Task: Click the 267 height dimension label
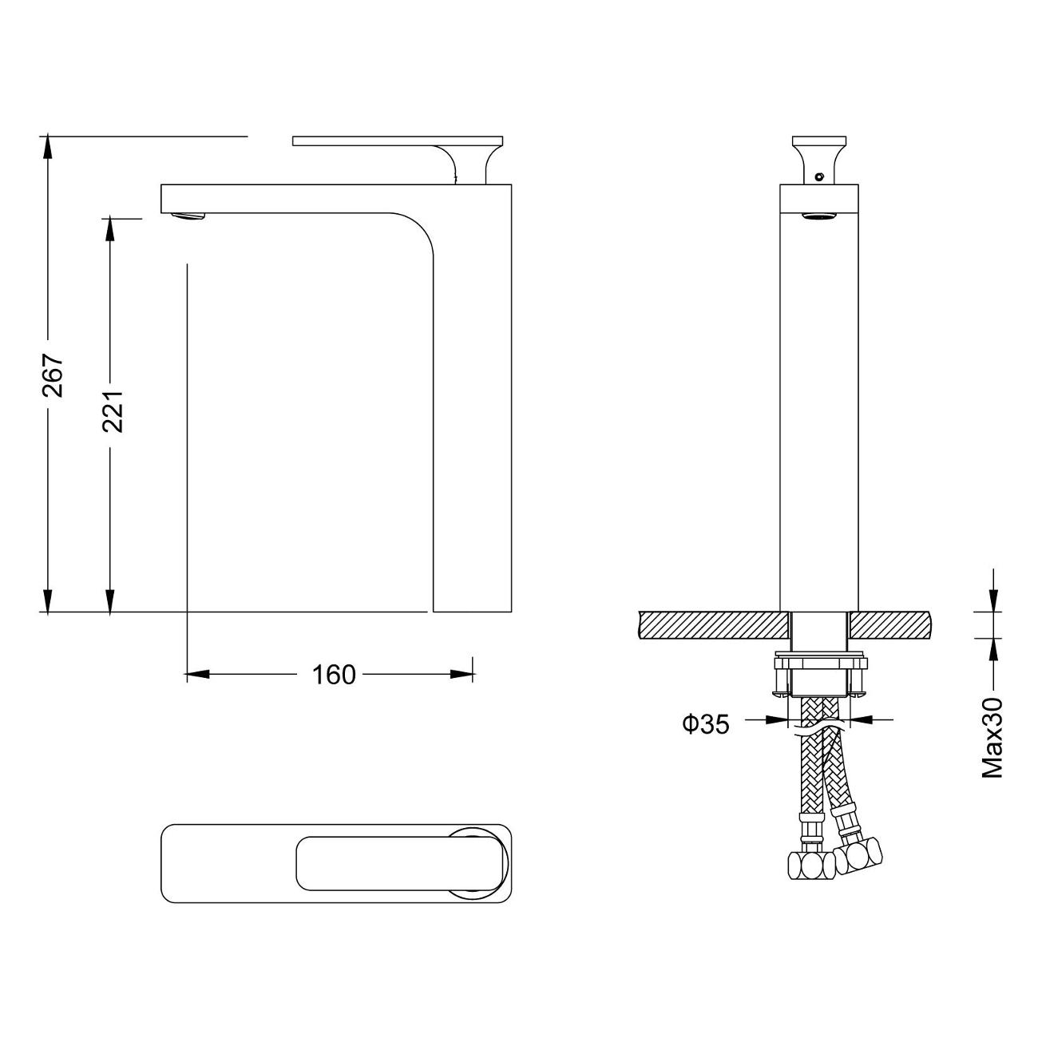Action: [53, 375]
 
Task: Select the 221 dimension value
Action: [113, 411]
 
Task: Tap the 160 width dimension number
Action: [334, 675]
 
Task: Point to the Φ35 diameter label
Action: [706, 724]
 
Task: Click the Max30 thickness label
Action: [992, 738]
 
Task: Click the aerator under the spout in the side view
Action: [188, 216]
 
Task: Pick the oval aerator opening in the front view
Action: [818, 217]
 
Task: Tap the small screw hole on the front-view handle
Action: [819, 176]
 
